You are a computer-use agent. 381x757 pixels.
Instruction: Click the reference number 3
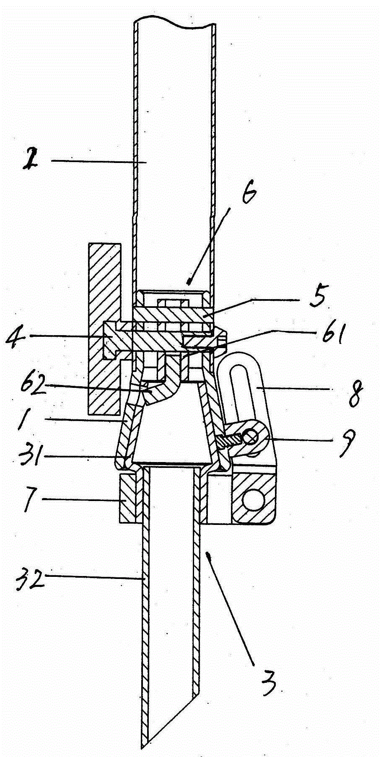pos(266,679)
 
